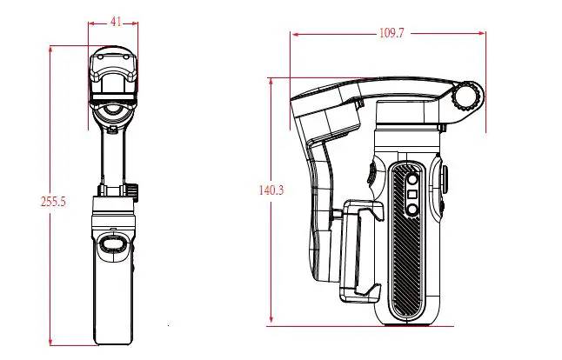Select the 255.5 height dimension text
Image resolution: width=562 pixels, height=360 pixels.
coord(54,201)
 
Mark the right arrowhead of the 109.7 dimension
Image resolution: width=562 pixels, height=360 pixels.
coord(484,35)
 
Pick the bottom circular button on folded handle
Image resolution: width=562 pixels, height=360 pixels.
coord(413,210)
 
